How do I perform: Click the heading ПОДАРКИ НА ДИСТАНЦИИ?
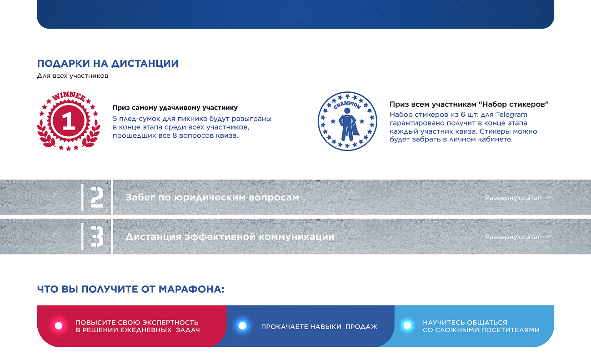point(108,64)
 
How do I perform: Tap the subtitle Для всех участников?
point(73,76)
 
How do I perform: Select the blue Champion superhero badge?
point(347,121)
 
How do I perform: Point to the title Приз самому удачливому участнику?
point(175,108)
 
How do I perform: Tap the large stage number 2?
point(97,198)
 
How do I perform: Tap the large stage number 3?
point(97,237)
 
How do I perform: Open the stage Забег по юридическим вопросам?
point(212,198)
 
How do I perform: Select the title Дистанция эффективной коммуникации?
point(230,237)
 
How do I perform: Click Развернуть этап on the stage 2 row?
point(513,198)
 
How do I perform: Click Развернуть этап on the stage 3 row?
point(513,237)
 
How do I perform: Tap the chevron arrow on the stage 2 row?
point(550,198)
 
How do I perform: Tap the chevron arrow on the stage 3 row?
point(550,236)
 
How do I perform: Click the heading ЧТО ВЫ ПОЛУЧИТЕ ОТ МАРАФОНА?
point(130,289)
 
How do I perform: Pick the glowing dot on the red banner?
point(59,326)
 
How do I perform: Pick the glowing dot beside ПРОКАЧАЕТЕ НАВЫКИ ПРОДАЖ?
point(242,326)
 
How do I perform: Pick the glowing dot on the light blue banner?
point(407,326)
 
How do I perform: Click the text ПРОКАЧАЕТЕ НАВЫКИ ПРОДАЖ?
point(319,327)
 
